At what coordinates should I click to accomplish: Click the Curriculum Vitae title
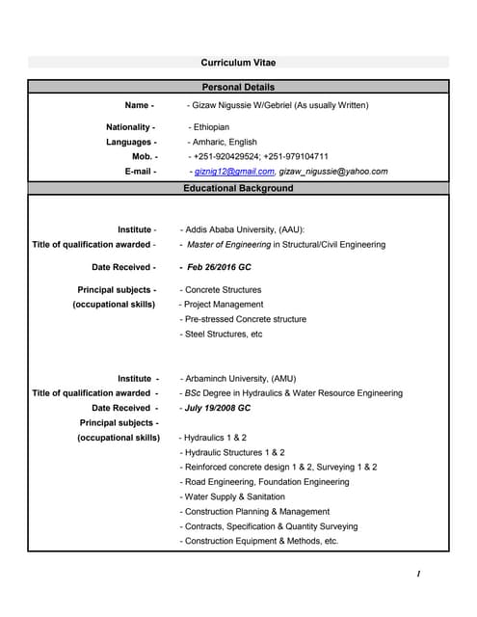point(238,63)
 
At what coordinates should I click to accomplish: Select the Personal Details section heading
point(238,88)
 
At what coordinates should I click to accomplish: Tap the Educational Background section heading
point(238,188)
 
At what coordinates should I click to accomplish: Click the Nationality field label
point(130,127)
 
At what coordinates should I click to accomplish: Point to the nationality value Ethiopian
point(211,127)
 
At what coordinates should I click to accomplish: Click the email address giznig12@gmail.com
point(234,172)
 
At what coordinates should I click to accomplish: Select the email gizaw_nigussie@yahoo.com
point(334,172)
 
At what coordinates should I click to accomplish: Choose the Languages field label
point(131,142)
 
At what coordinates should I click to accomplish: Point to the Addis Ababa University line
point(243,229)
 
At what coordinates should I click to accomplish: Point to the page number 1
point(418,575)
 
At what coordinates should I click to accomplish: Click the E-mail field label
point(141,172)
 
